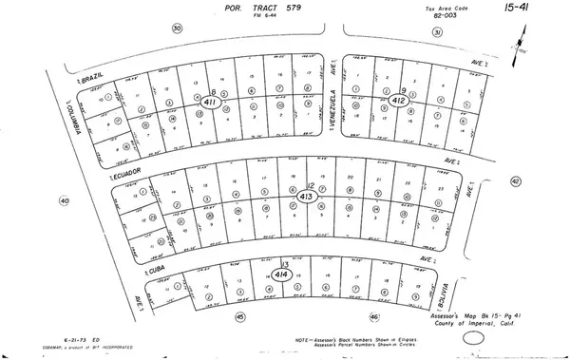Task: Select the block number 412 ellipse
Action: tap(399, 100)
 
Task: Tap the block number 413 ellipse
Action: tap(306, 197)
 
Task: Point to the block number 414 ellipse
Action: tap(280, 274)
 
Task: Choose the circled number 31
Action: tap(437, 31)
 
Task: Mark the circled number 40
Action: tap(65, 201)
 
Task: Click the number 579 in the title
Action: tap(292, 9)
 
